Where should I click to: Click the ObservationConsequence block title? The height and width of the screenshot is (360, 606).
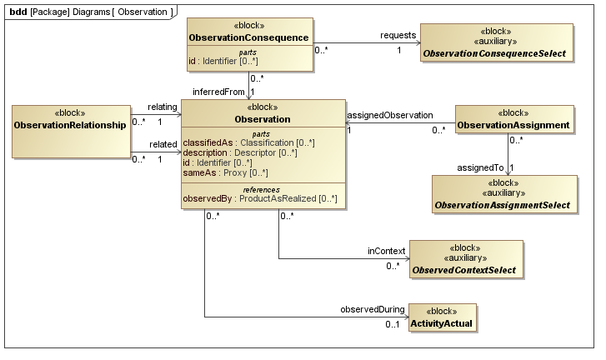pyautogui.click(x=249, y=37)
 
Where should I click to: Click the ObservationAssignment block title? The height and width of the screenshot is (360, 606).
pyautogui.click(x=513, y=125)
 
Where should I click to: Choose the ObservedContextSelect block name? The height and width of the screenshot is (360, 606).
pyautogui.click(x=467, y=270)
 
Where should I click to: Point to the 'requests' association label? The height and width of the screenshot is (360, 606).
pyautogui.click(x=398, y=35)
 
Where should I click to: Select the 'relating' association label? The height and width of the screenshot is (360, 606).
pyautogui.click(x=163, y=107)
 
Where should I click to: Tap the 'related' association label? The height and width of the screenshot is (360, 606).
pyautogui.click(x=163, y=144)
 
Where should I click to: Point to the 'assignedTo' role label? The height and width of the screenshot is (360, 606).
pyautogui.click(x=482, y=167)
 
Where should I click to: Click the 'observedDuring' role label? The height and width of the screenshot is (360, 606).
pyautogui.click(x=371, y=309)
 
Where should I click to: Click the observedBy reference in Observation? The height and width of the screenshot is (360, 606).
pyautogui.click(x=259, y=197)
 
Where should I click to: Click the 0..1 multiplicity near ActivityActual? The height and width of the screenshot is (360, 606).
pyautogui.click(x=392, y=324)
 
